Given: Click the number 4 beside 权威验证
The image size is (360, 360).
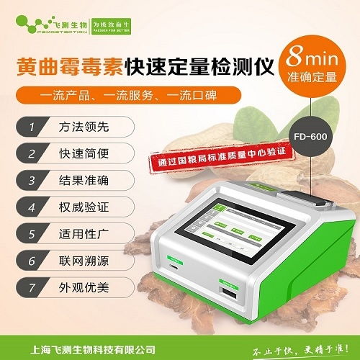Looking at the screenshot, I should click(31, 207).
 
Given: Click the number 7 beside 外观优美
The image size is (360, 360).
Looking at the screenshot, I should click(31, 288).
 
